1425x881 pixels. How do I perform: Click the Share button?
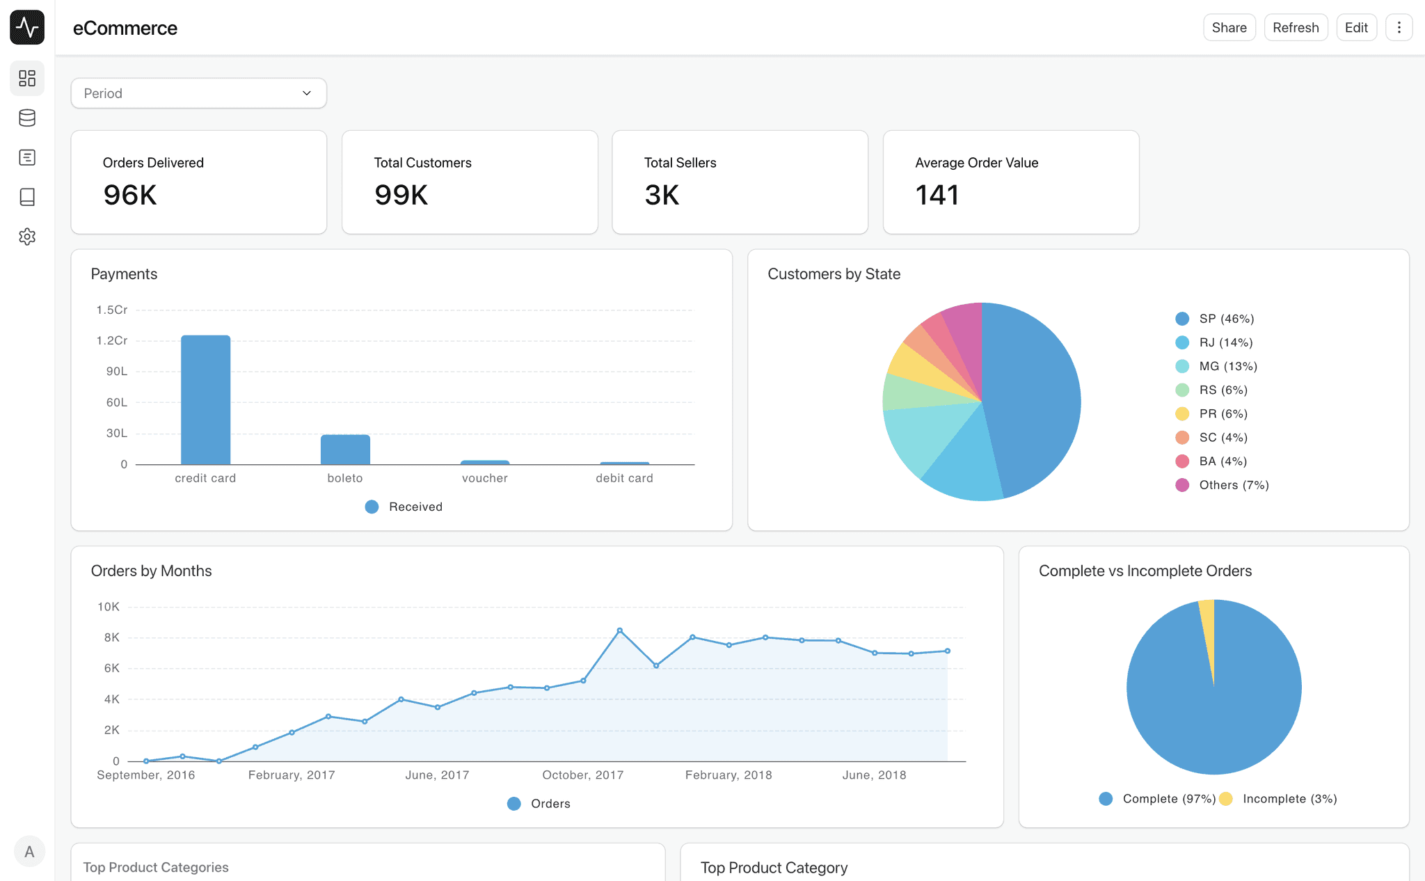pos(1229,28)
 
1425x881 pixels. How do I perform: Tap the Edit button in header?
pos(1355,28)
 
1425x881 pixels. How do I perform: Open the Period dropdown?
pos(198,93)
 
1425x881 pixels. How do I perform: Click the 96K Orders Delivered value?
pos(130,195)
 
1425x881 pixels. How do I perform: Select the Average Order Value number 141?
pos(937,195)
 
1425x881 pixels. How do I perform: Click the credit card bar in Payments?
pos(205,400)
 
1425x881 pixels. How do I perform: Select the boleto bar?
pos(345,450)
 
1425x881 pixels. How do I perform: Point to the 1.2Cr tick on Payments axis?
pos(112,340)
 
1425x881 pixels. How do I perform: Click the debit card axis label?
pos(624,478)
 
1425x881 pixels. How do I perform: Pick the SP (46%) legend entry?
pos(1226,319)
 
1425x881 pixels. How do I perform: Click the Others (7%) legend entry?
pos(1233,485)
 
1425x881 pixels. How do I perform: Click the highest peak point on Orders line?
pos(619,630)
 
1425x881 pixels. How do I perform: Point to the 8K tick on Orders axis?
pos(111,637)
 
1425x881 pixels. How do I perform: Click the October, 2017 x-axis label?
pos(582,775)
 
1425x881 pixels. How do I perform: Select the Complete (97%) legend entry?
pos(1168,799)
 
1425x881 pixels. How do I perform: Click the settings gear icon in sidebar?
pos(27,237)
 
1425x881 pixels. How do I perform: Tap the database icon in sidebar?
pos(27,118)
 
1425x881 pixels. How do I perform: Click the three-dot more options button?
pos(1399,28)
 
